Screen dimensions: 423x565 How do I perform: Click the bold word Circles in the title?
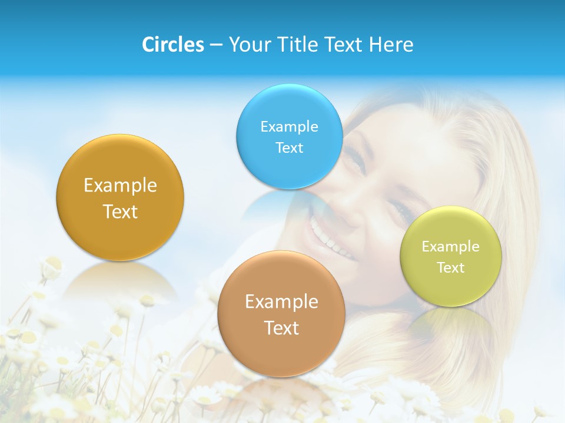click(172, 45)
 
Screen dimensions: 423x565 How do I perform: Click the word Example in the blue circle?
click(289, 126)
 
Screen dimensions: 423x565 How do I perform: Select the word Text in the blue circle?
click(289, 147)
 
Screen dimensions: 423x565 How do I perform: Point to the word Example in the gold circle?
click(120, 186)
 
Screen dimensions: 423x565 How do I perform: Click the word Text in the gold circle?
click(120, 211)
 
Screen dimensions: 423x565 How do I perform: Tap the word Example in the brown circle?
click(281, 302)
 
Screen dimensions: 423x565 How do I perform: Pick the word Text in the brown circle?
click(281, 328)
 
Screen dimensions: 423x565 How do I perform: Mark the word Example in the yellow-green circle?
click(451, 246)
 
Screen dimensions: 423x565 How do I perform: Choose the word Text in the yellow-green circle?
click(451, 267)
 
